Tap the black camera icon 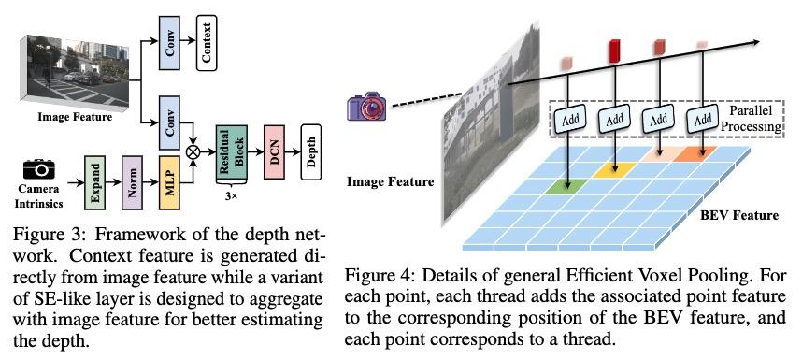pos(39,169)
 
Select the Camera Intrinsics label pos(38,195)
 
